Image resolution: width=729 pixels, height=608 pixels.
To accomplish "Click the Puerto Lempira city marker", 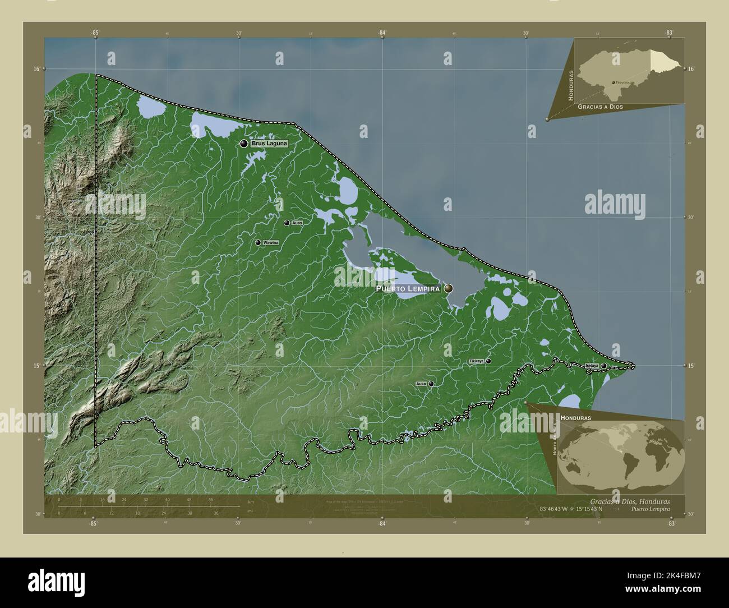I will pyautogui.click(x=449, y=288).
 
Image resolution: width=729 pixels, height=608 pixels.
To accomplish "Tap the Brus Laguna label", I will pyautogui.click(x=269, y=144).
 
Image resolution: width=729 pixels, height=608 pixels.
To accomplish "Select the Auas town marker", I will pyautogui.click(x=287, y=223).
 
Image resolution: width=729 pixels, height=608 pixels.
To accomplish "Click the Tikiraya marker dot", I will pyautogui.click(x=488, y=361).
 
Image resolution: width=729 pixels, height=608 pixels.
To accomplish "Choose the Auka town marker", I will pyautogui.click(x=431, y=384).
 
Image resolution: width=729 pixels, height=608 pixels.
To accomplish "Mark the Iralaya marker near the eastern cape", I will pyautogui.click(x=604, y=366).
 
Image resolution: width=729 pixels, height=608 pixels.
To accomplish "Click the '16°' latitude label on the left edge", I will pyautogui.click(x=36, y=69).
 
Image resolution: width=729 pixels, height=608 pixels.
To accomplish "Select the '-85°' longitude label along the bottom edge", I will pyautogui.click(x=93, y=523).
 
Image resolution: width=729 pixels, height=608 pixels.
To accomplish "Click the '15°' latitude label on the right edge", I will pyautogui.click(x=691, y=366).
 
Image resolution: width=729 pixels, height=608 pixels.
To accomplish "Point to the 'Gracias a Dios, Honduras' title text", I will pyautogui.click(x=629, y=501).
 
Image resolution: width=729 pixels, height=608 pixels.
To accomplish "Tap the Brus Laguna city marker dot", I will pyautogui.click(x=244, y=144).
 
